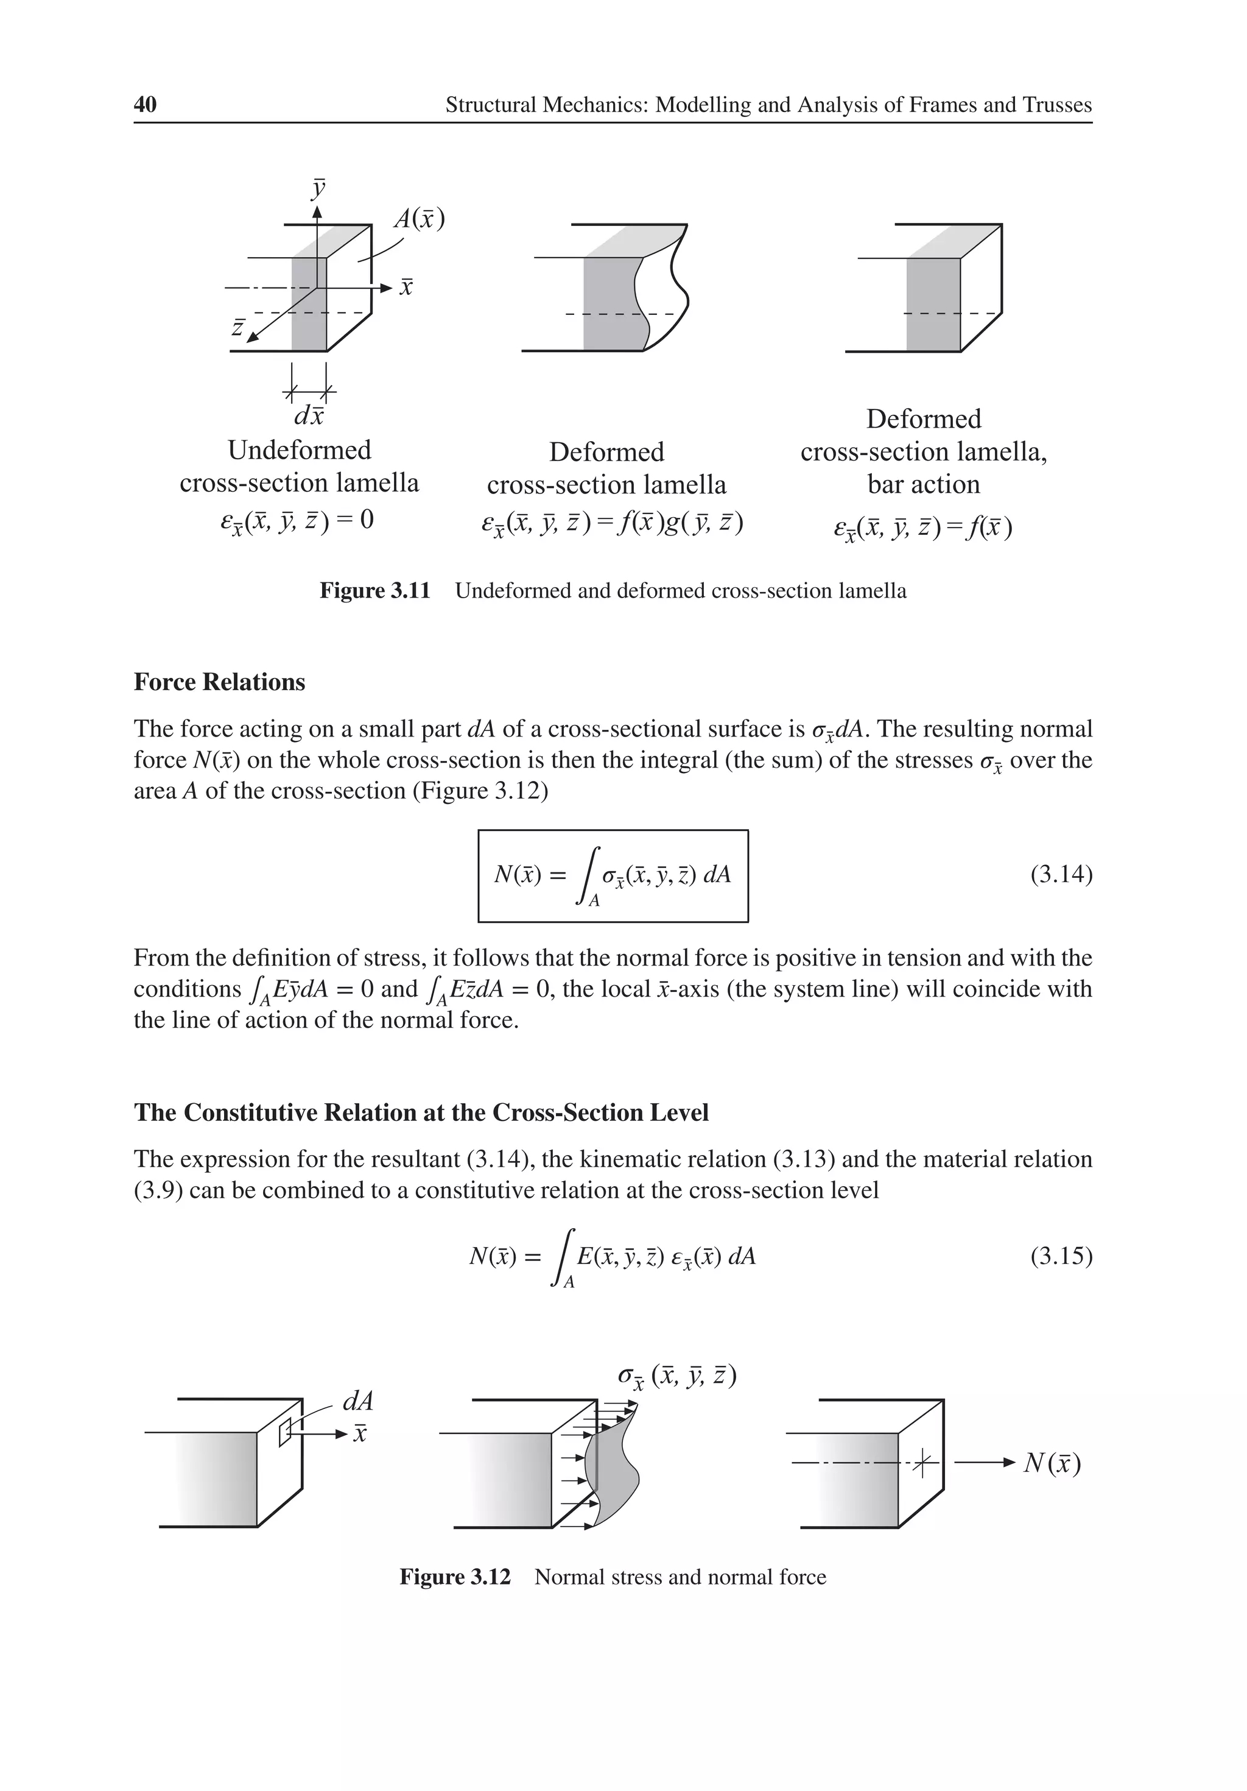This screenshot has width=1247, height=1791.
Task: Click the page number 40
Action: (x=145, y=105)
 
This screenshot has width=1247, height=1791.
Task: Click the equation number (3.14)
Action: (x=1061, y=874)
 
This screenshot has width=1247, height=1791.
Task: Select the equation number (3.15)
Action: (x=1061, y=1256)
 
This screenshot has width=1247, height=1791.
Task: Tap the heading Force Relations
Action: (x=219, y=682)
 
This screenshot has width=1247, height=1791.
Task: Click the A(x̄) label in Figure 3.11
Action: (x=419, y=219)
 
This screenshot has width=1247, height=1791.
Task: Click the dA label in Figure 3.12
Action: (x=358, y=1402)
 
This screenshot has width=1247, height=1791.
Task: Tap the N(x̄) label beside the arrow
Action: (x=1052, y=1463)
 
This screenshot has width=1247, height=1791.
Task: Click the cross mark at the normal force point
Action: (x=922, y=1463)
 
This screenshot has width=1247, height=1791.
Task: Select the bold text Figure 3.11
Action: (x=374, y=590)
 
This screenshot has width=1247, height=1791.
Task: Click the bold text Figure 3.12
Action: (x=455, y=1577)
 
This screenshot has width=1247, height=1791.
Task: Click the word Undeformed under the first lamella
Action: (x=300, y=450)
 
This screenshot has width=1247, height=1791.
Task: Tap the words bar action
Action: (x=923, y=484)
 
